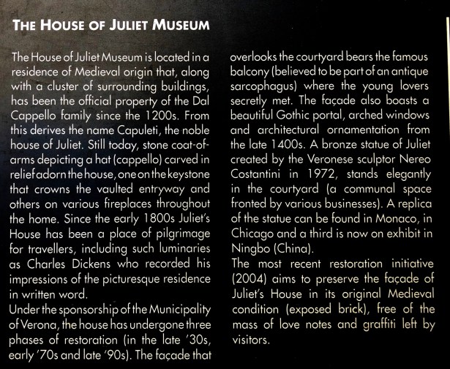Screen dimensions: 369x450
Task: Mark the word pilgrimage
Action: point(179,231)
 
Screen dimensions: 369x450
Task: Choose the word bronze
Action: point(341,149)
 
